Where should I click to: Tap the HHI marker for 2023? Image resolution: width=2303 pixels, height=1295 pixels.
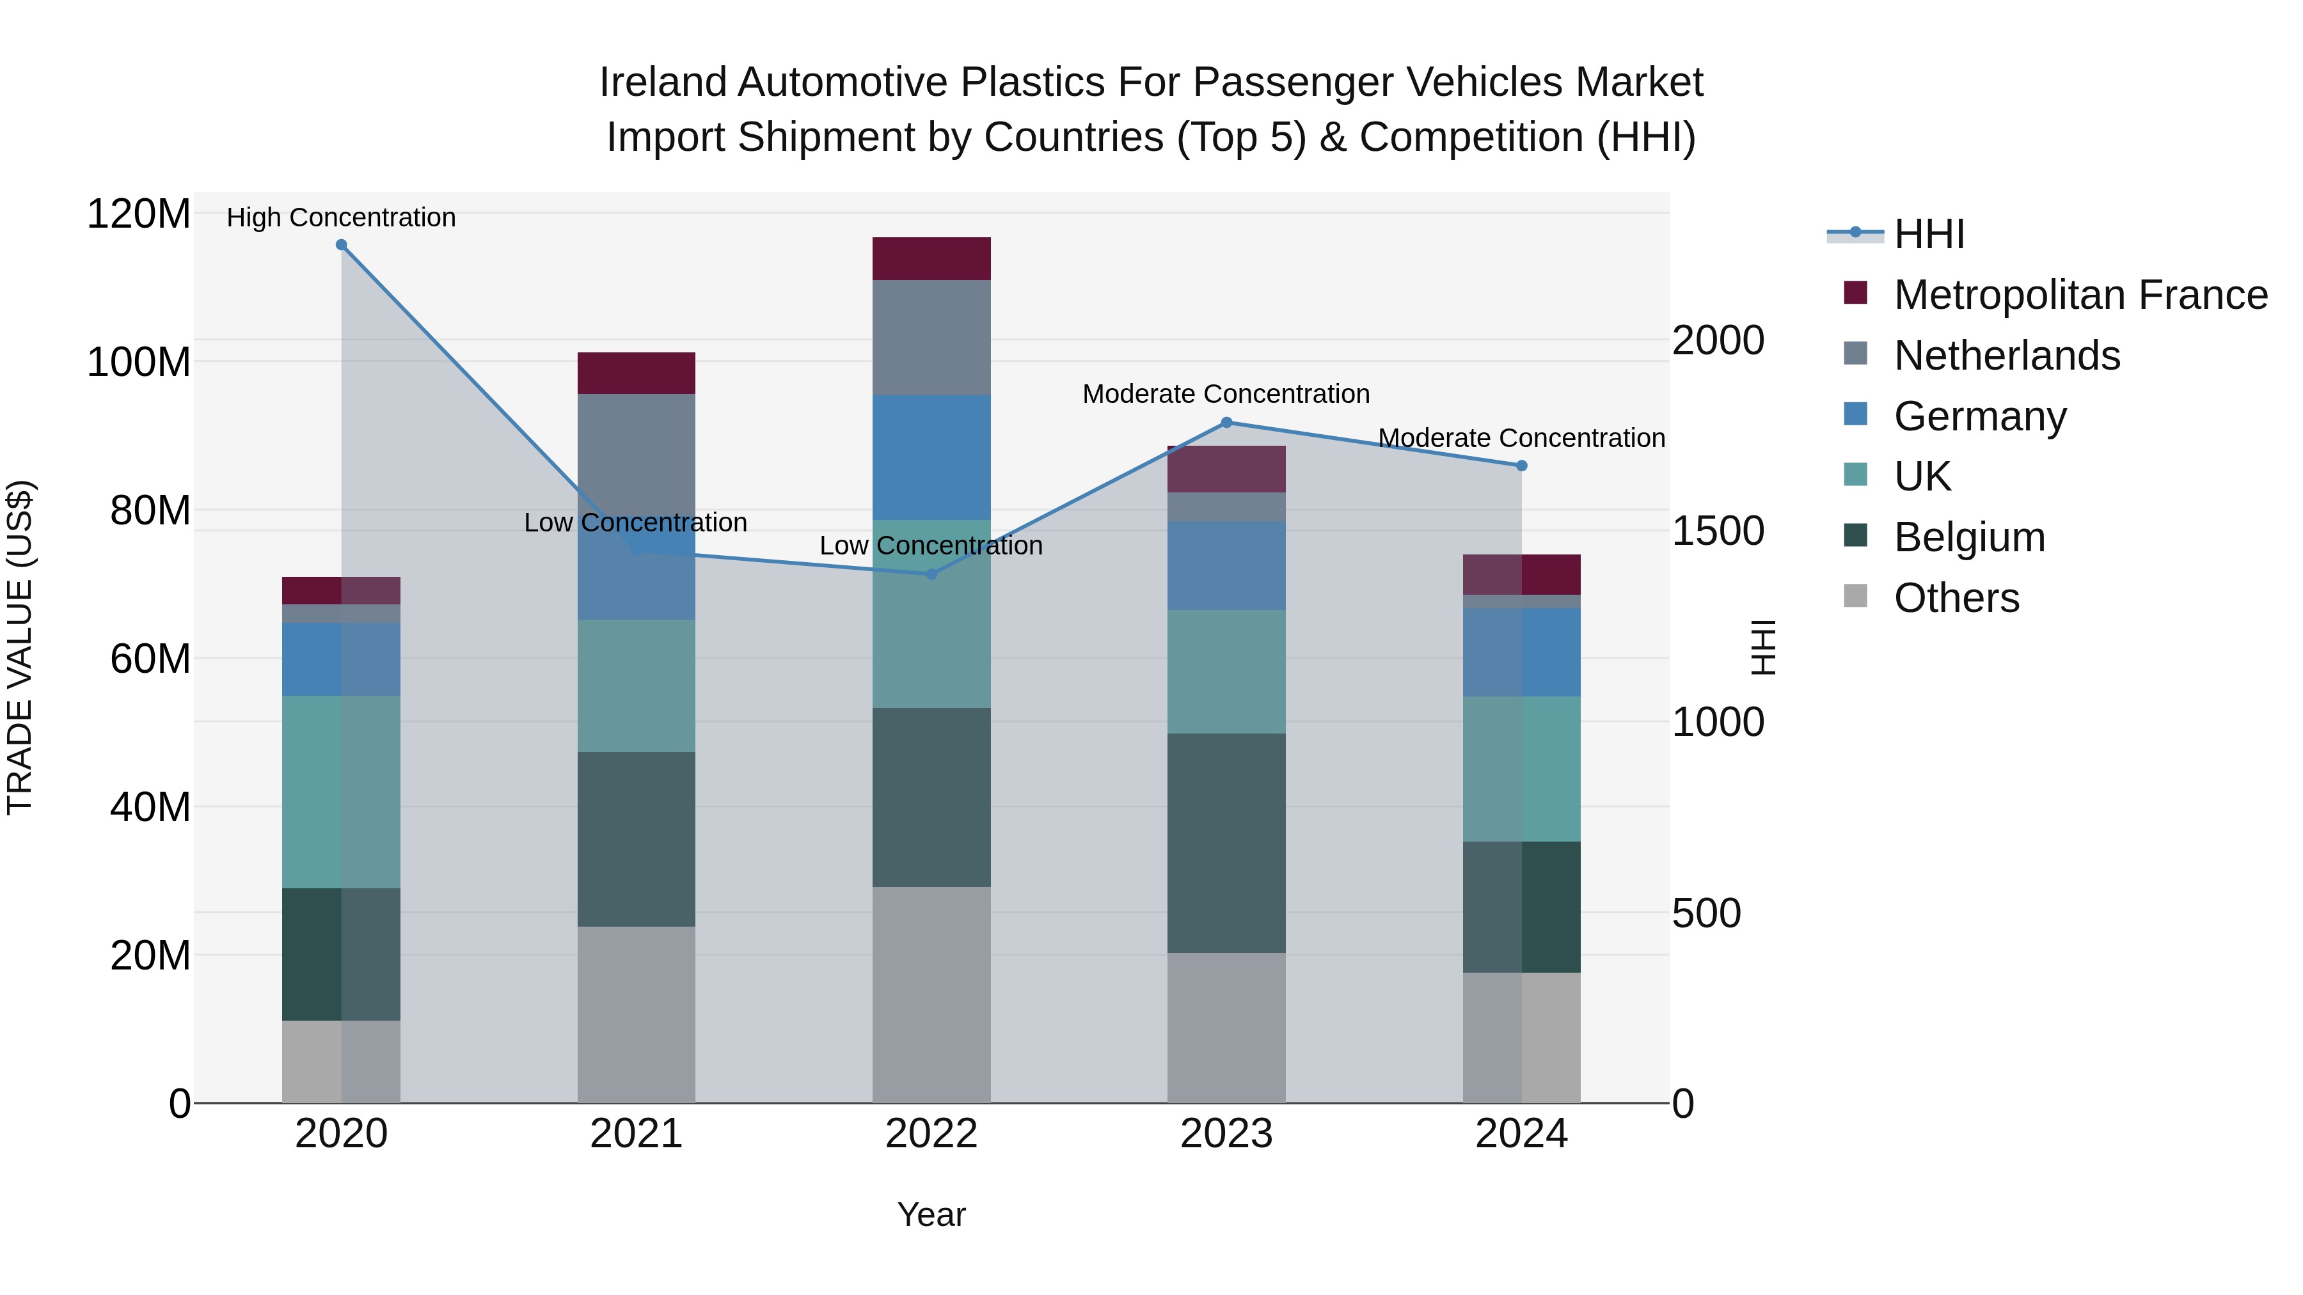(1226, 423)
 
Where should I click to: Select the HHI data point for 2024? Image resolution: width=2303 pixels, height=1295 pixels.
(1522, 466)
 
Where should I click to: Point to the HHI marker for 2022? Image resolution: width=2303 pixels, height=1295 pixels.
(931, 574)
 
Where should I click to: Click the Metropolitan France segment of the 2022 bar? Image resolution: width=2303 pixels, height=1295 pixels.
(931, 258)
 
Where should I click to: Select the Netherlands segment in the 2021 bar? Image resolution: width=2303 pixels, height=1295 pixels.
(636, 447)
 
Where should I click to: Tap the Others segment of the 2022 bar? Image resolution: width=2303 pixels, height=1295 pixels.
(931, 994)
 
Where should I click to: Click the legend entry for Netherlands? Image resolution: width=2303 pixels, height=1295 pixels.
(2006, 356)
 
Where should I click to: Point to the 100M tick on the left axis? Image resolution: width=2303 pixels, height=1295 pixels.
(139, 362)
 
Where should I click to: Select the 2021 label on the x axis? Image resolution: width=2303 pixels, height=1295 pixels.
(636, 1134)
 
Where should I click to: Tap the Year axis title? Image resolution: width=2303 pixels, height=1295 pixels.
(931, 1214)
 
